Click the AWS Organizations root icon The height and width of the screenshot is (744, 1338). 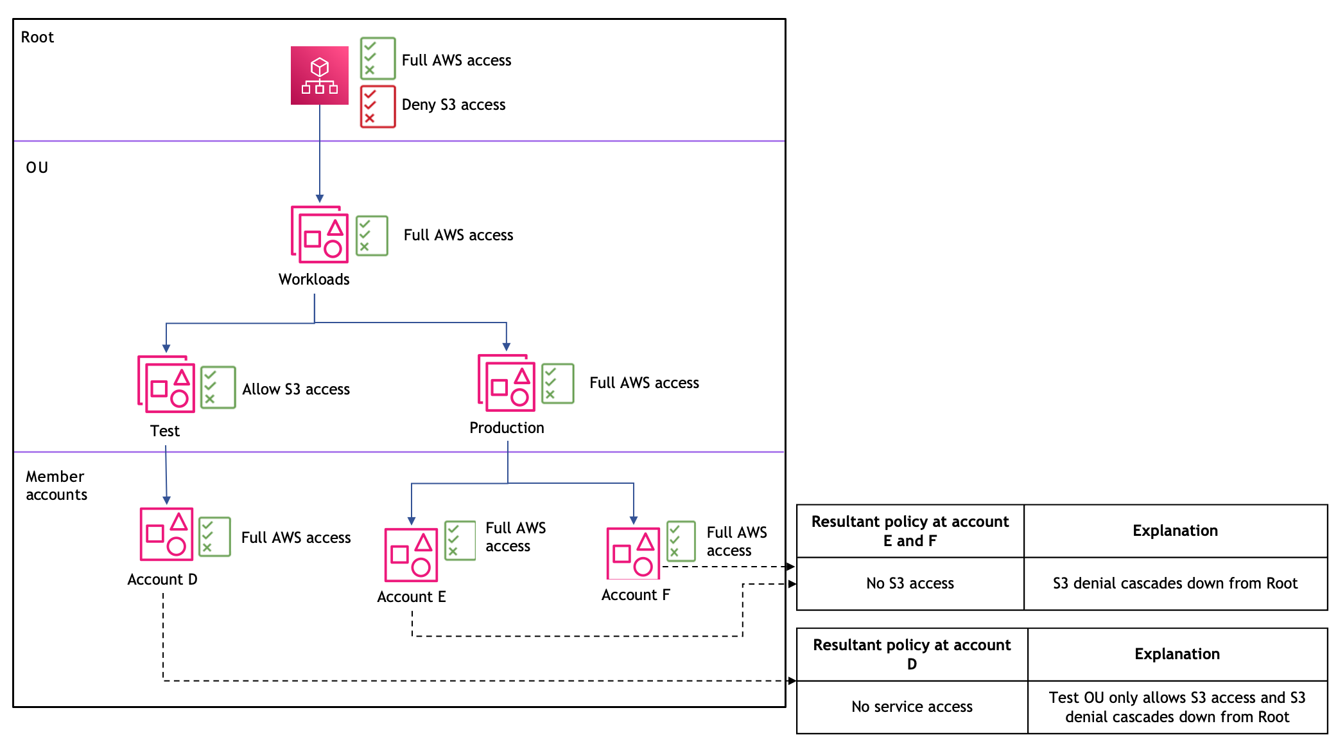click(320, 75)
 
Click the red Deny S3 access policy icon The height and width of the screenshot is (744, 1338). click(378, 107)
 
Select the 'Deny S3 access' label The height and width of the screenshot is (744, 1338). click(453, 105)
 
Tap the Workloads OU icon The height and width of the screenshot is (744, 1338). click(320, 235)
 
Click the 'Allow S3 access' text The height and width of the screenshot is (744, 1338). click(296, 389)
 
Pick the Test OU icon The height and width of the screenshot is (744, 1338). click(166, 384)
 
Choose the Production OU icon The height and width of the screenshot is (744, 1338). click(507, 383)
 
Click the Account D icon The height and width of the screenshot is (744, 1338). click(166, 534)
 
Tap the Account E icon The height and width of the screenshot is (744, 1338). click(411, 554)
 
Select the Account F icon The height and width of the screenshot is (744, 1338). click(633, 553)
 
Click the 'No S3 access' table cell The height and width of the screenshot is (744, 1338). click(910, 583)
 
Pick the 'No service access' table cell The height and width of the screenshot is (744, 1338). click(912, 707)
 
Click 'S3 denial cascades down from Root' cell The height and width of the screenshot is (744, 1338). click(1175, 583)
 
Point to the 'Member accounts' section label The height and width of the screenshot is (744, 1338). click(56, 486)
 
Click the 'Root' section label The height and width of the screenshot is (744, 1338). click(37, 37)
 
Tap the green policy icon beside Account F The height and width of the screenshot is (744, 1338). click(681, 541)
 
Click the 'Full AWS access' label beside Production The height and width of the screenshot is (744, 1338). click(644, 383)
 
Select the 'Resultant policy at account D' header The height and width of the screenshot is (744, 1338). click(912, 654)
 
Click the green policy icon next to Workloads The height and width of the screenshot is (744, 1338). click(372, 236)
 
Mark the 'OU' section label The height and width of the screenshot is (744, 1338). click(37, 168)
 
